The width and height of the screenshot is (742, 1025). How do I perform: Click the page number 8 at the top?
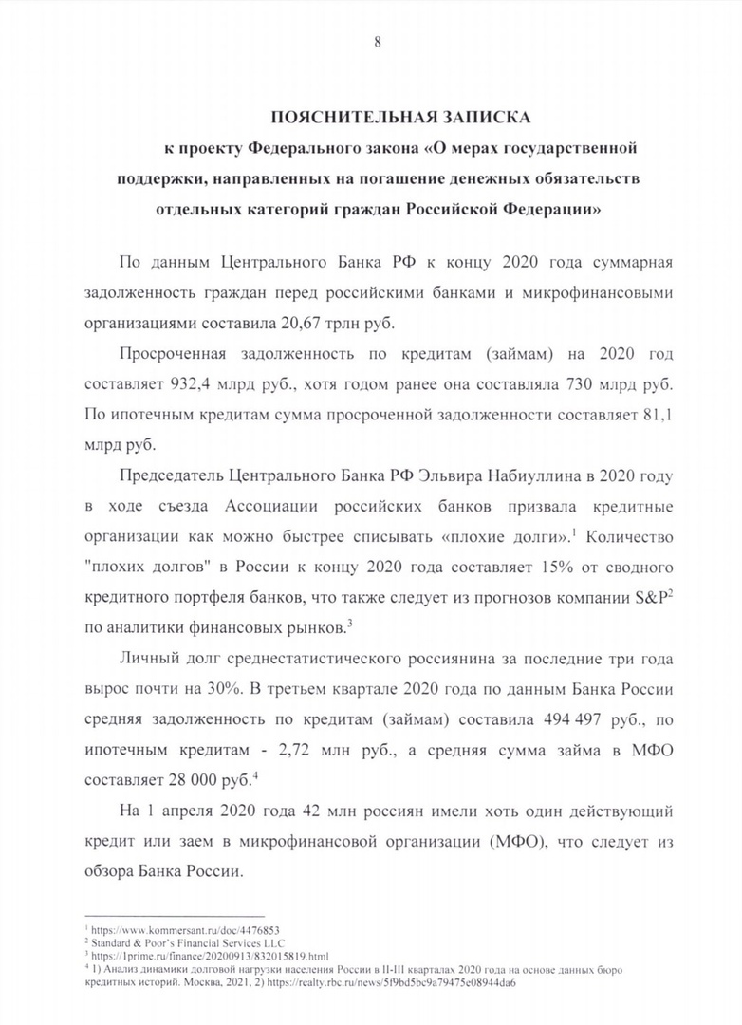click(x=378, y=41)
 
